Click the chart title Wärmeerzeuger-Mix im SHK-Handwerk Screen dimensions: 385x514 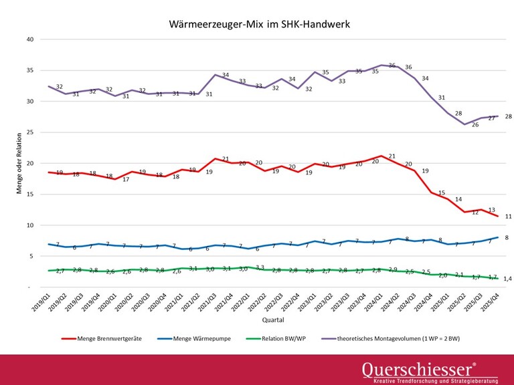tap(260, 25)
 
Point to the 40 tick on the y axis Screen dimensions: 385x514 tap(29, 39)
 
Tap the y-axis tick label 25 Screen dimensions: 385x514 tap(29, 132)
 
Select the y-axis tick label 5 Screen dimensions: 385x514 tap(31, 257)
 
